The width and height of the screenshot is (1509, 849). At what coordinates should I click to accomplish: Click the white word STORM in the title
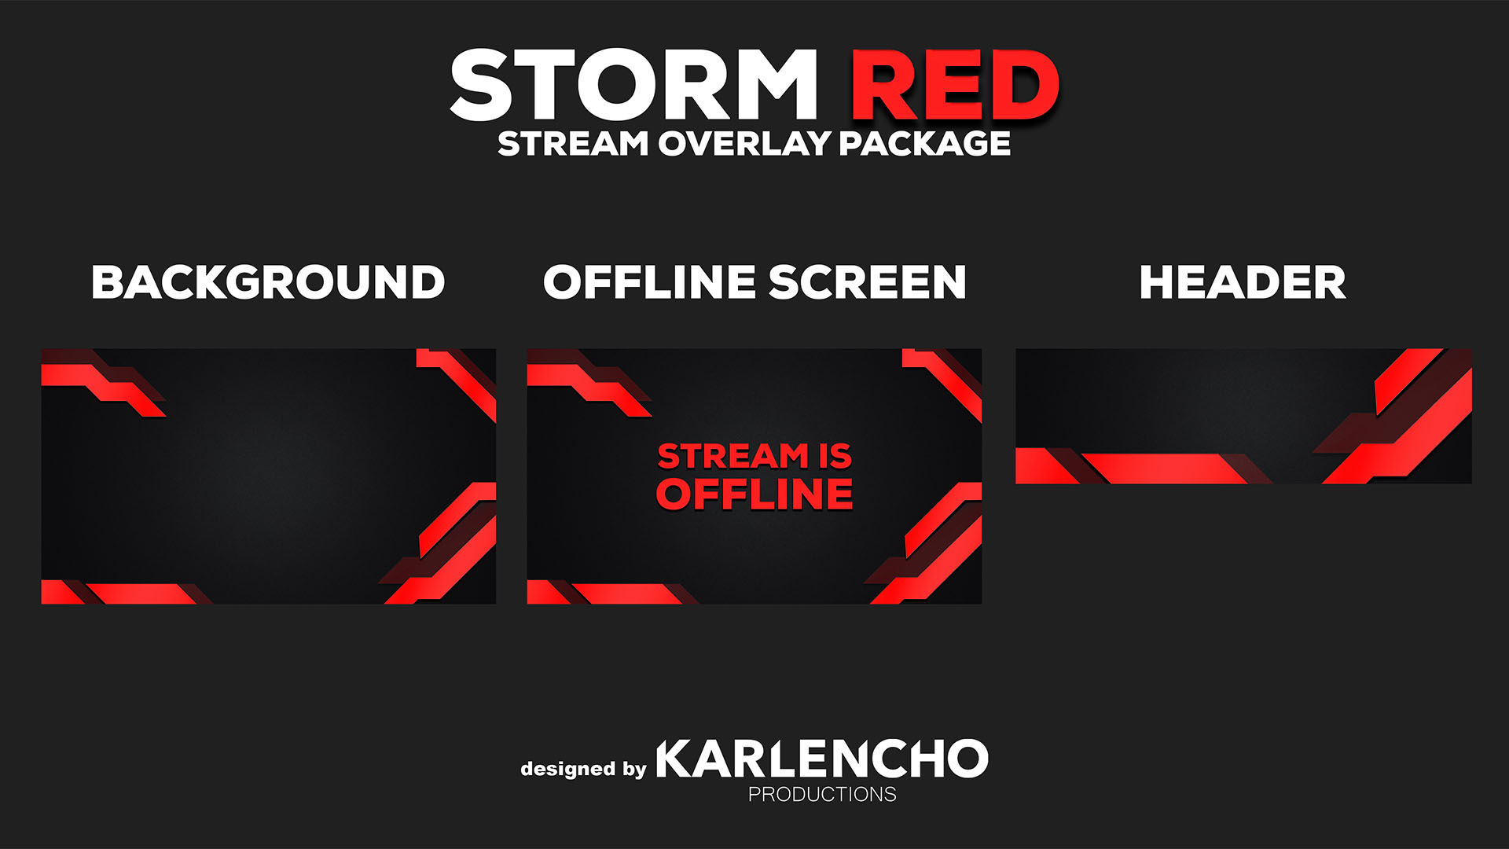[x=633, y=85]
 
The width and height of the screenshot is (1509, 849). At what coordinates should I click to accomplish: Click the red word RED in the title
[x=956, y=85]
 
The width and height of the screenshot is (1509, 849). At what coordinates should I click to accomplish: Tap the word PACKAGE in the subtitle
[x=924, y=144]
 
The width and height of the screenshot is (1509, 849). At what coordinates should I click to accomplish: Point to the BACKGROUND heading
[x=268, y=282]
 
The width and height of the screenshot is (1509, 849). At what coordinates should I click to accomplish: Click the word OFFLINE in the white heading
[x=649, y=282]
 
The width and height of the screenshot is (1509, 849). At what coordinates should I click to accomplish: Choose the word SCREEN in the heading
[x=867, y=282]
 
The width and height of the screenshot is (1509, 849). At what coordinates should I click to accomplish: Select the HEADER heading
[x=1243, y=282]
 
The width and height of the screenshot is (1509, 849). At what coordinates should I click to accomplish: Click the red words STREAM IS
[x=754, y=456]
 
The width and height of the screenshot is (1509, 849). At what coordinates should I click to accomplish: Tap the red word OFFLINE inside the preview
[x=754, y=494]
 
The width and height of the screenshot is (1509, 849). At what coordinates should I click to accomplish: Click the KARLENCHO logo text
[x=821, y=759]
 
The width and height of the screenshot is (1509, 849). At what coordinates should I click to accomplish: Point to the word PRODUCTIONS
[x=822, y=795]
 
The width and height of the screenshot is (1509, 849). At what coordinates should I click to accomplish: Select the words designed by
[x=583, y=769]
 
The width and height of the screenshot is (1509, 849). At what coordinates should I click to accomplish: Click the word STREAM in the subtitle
[x=573, y=144]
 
